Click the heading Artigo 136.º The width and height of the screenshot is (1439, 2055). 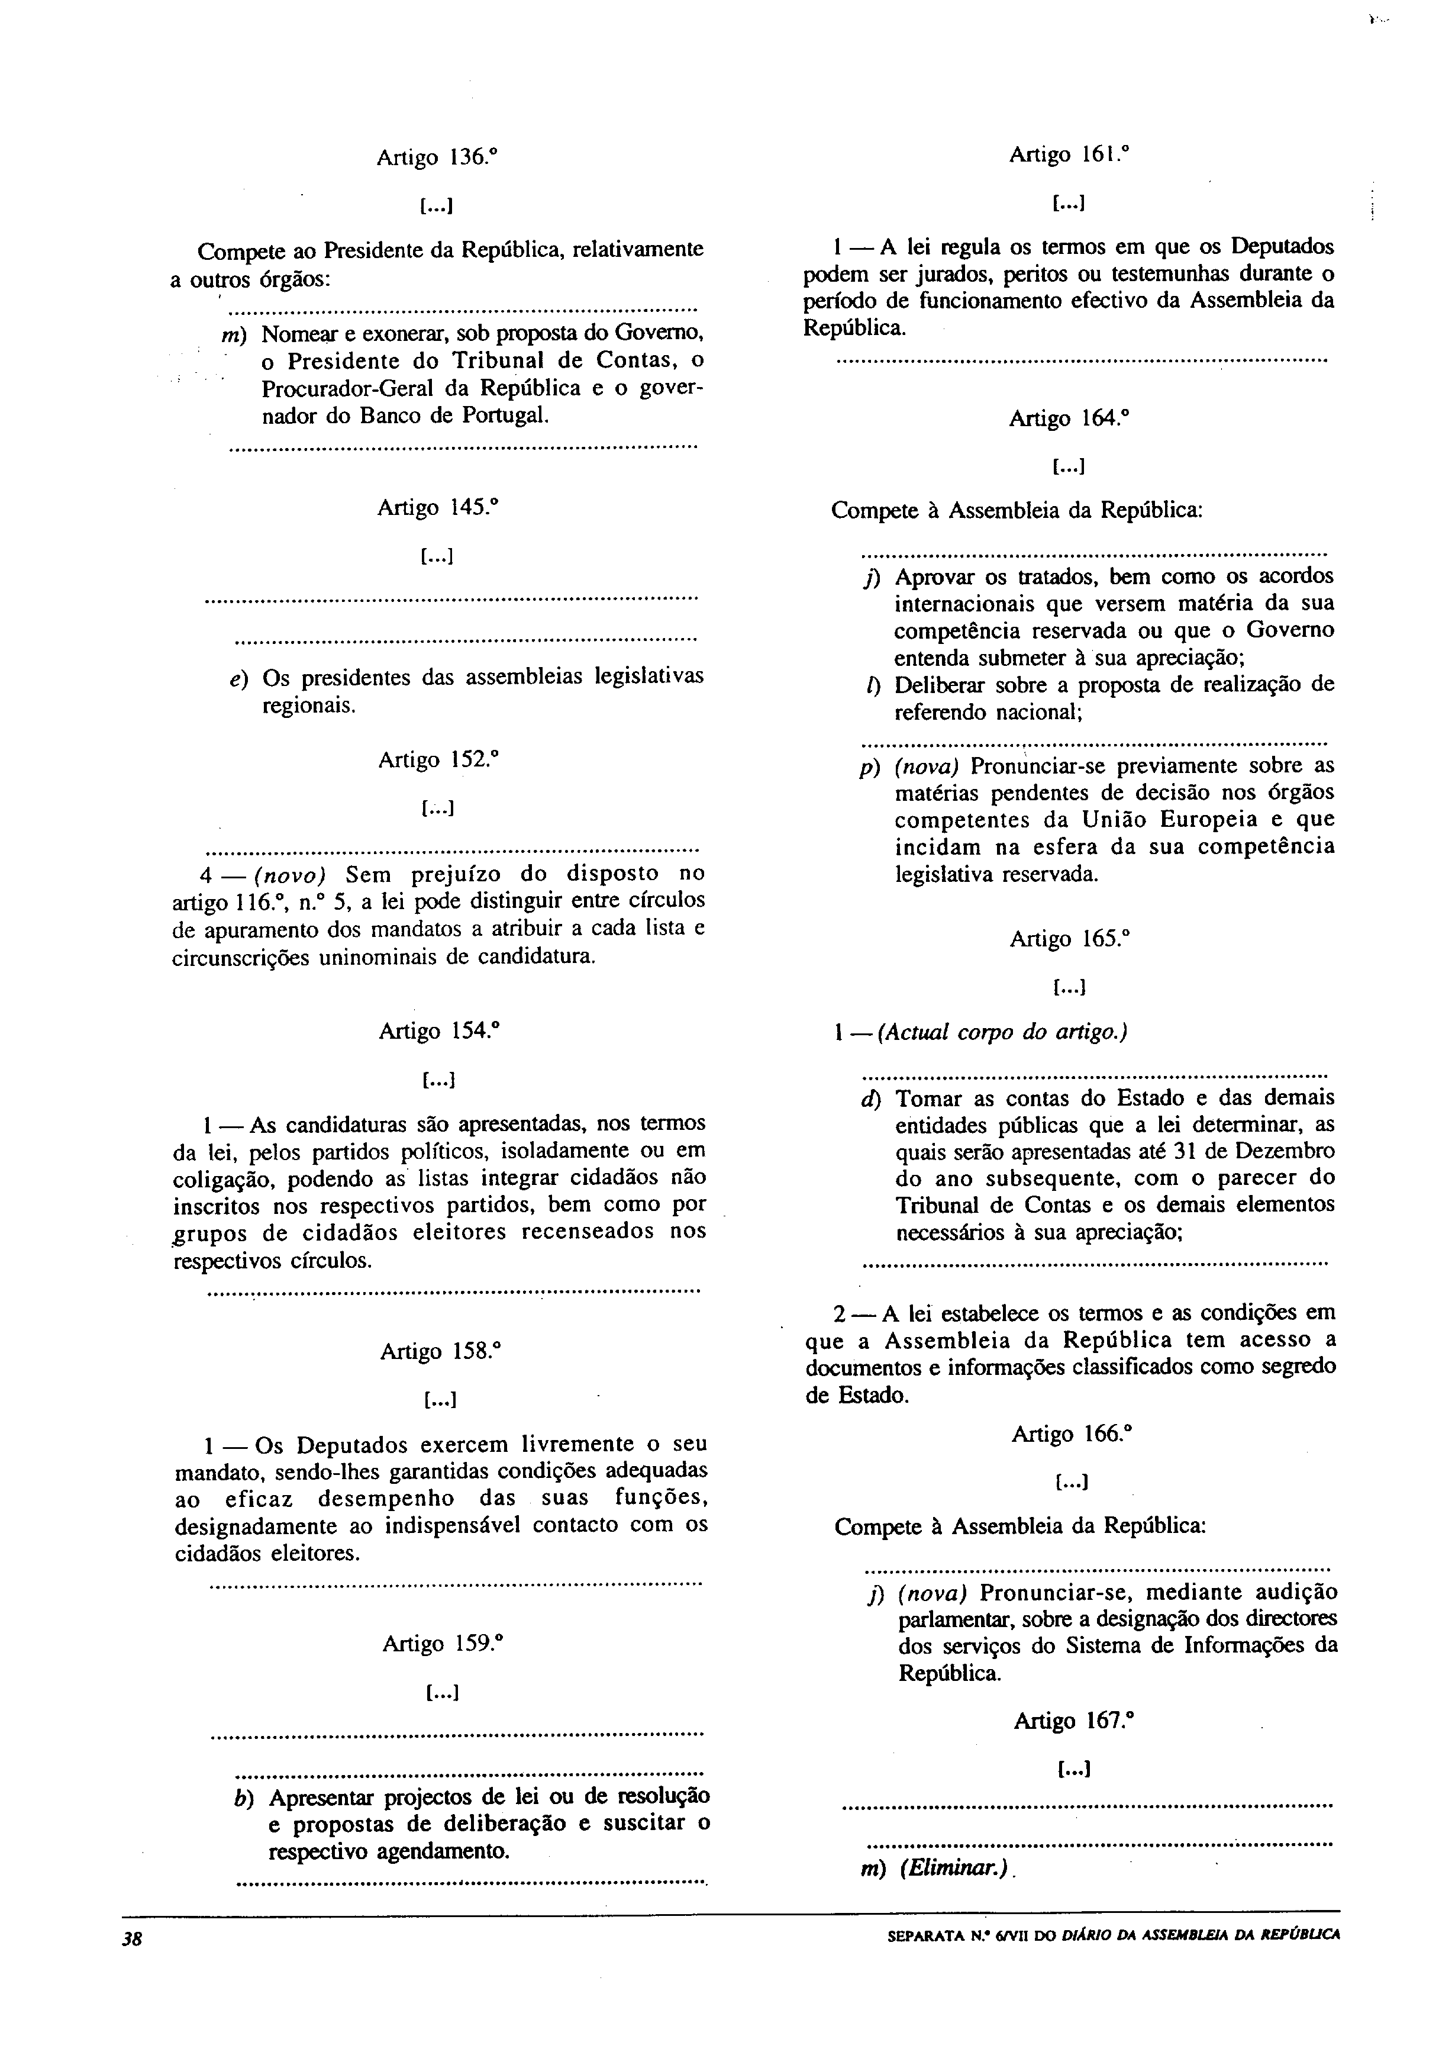[437, 159]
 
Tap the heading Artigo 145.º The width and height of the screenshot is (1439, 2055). [437, 508]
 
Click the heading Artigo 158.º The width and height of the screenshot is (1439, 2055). [438, 1351]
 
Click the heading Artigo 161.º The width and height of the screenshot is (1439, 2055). [1069, 155]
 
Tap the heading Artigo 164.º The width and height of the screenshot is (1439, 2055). [1069, 419]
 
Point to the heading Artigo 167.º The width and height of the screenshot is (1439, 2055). [1074, 1721]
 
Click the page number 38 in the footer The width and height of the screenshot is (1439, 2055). [133, 1938]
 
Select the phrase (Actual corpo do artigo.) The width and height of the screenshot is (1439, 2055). [1002, 1032]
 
